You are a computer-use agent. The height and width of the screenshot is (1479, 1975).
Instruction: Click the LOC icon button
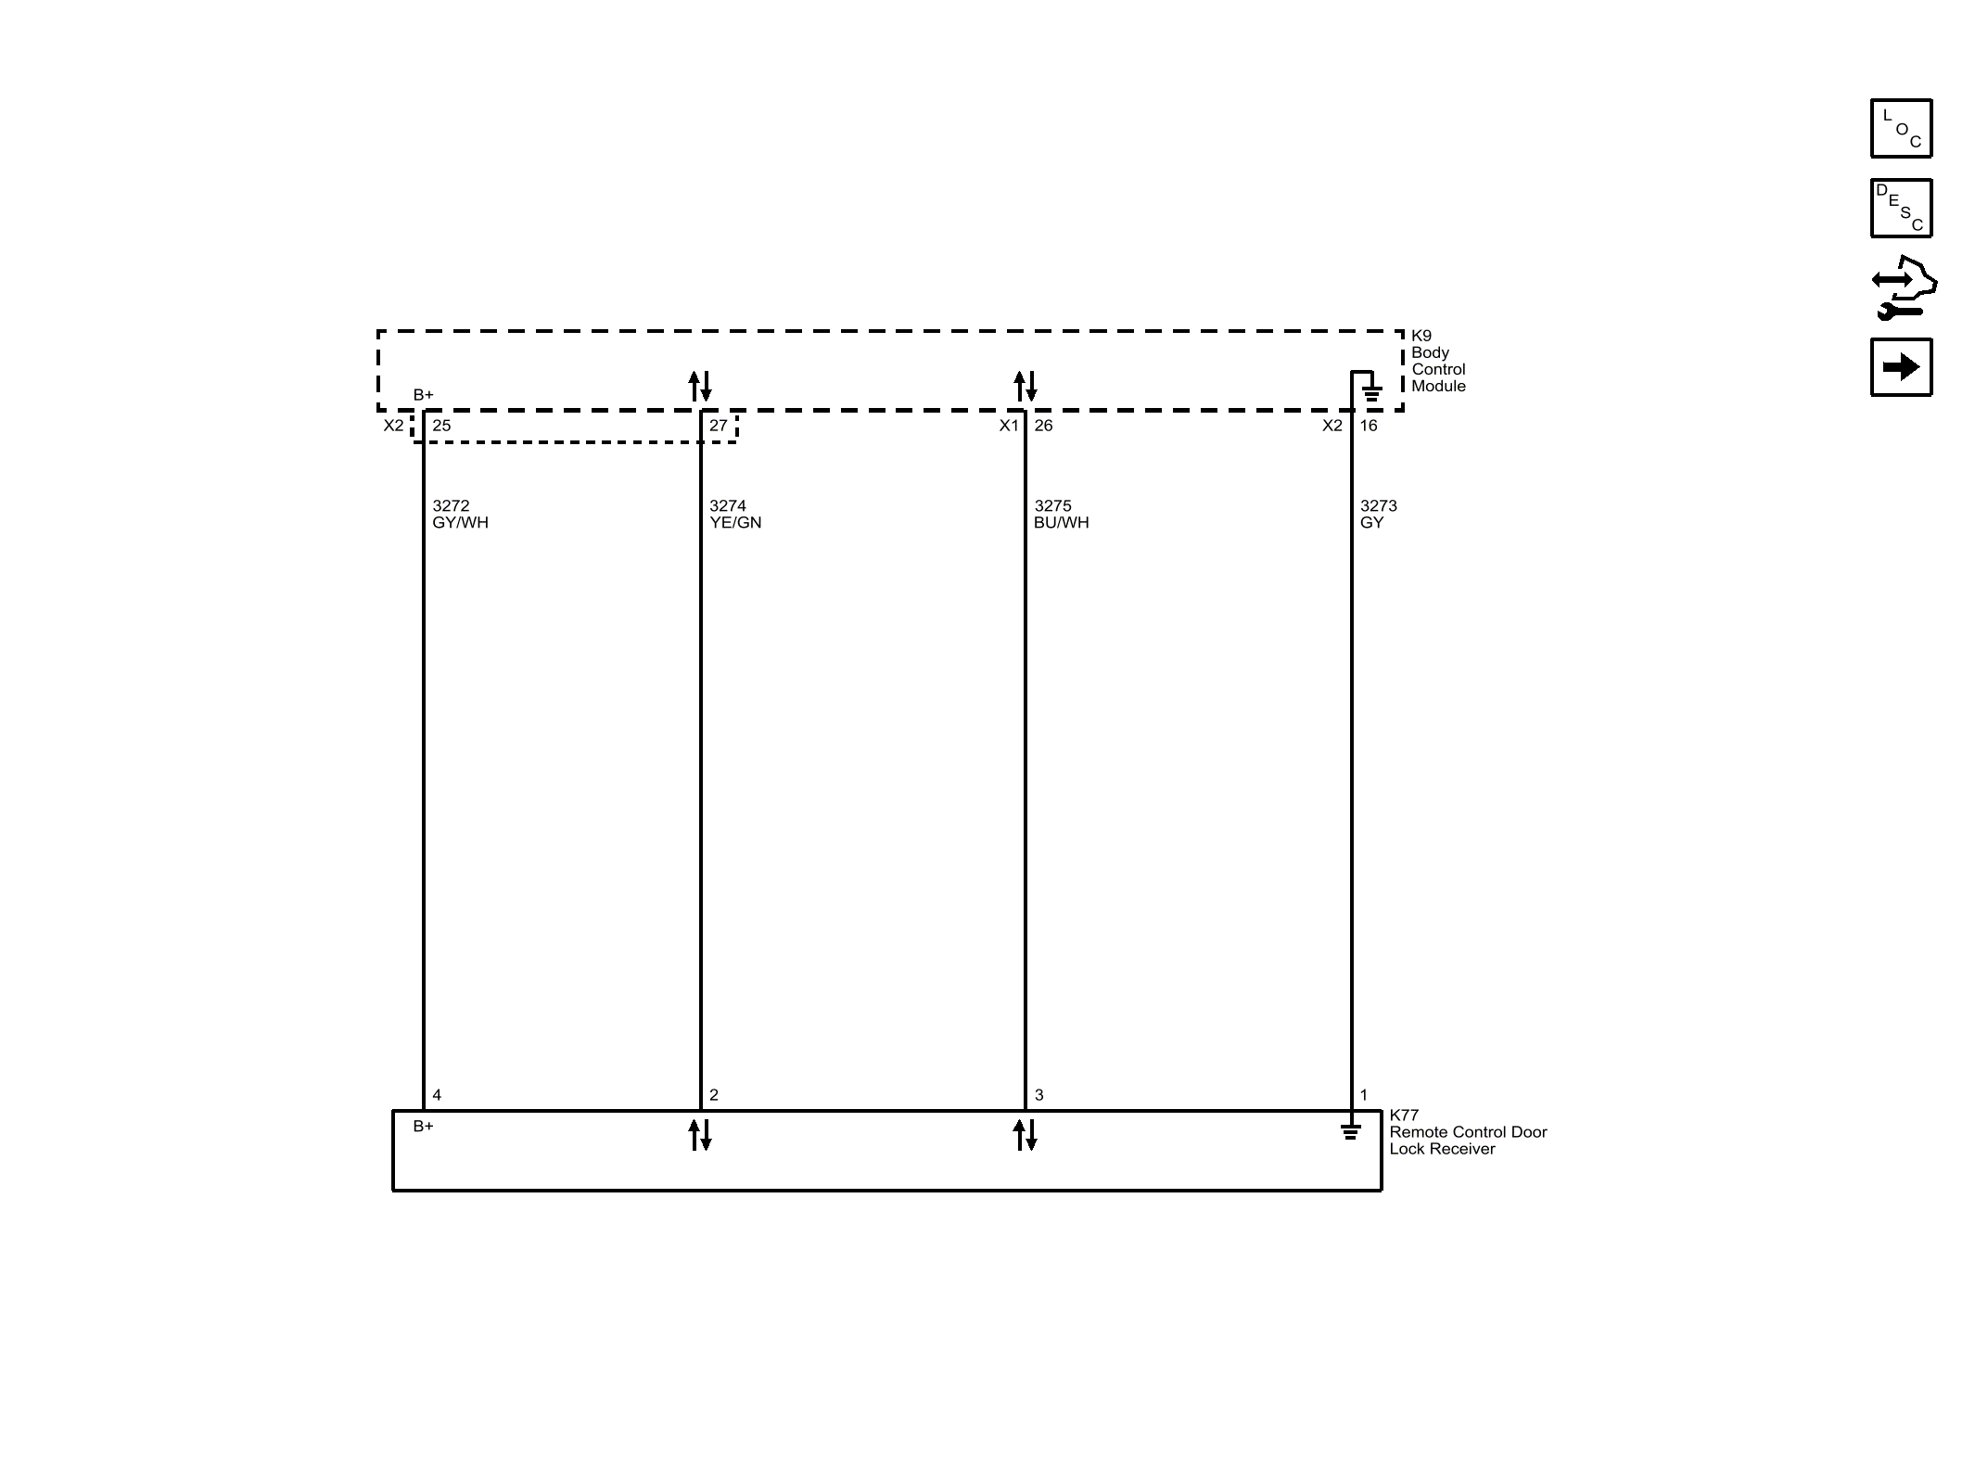pyautogui.click(x=1901, y=128)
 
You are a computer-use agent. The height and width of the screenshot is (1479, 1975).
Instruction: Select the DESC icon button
pyautogui.click(x=1901, y=208)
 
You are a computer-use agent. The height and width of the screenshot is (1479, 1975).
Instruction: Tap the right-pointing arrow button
pyautogui.click(x=1901, y=367)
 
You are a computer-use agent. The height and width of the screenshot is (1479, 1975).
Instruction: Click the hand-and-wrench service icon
pyautogui.click(x=1904, y=288)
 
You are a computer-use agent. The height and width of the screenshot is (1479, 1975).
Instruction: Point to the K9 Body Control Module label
pyautogui.click(x=1438, y=361)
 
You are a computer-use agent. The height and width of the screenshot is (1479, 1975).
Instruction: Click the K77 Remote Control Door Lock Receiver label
pyautogui.click(x=1468, y=1131)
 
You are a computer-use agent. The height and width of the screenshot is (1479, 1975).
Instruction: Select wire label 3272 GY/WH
pyautogui.click(x=460, y=514)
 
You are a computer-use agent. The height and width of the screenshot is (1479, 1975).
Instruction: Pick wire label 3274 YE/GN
pyautogui.click(x=735, y=514)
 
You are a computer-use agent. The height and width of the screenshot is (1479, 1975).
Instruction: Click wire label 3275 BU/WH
pyautogui.click(x=1062, y=514)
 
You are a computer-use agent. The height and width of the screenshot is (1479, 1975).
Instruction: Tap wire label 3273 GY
pyautogui.click(x=1378, y=514)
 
